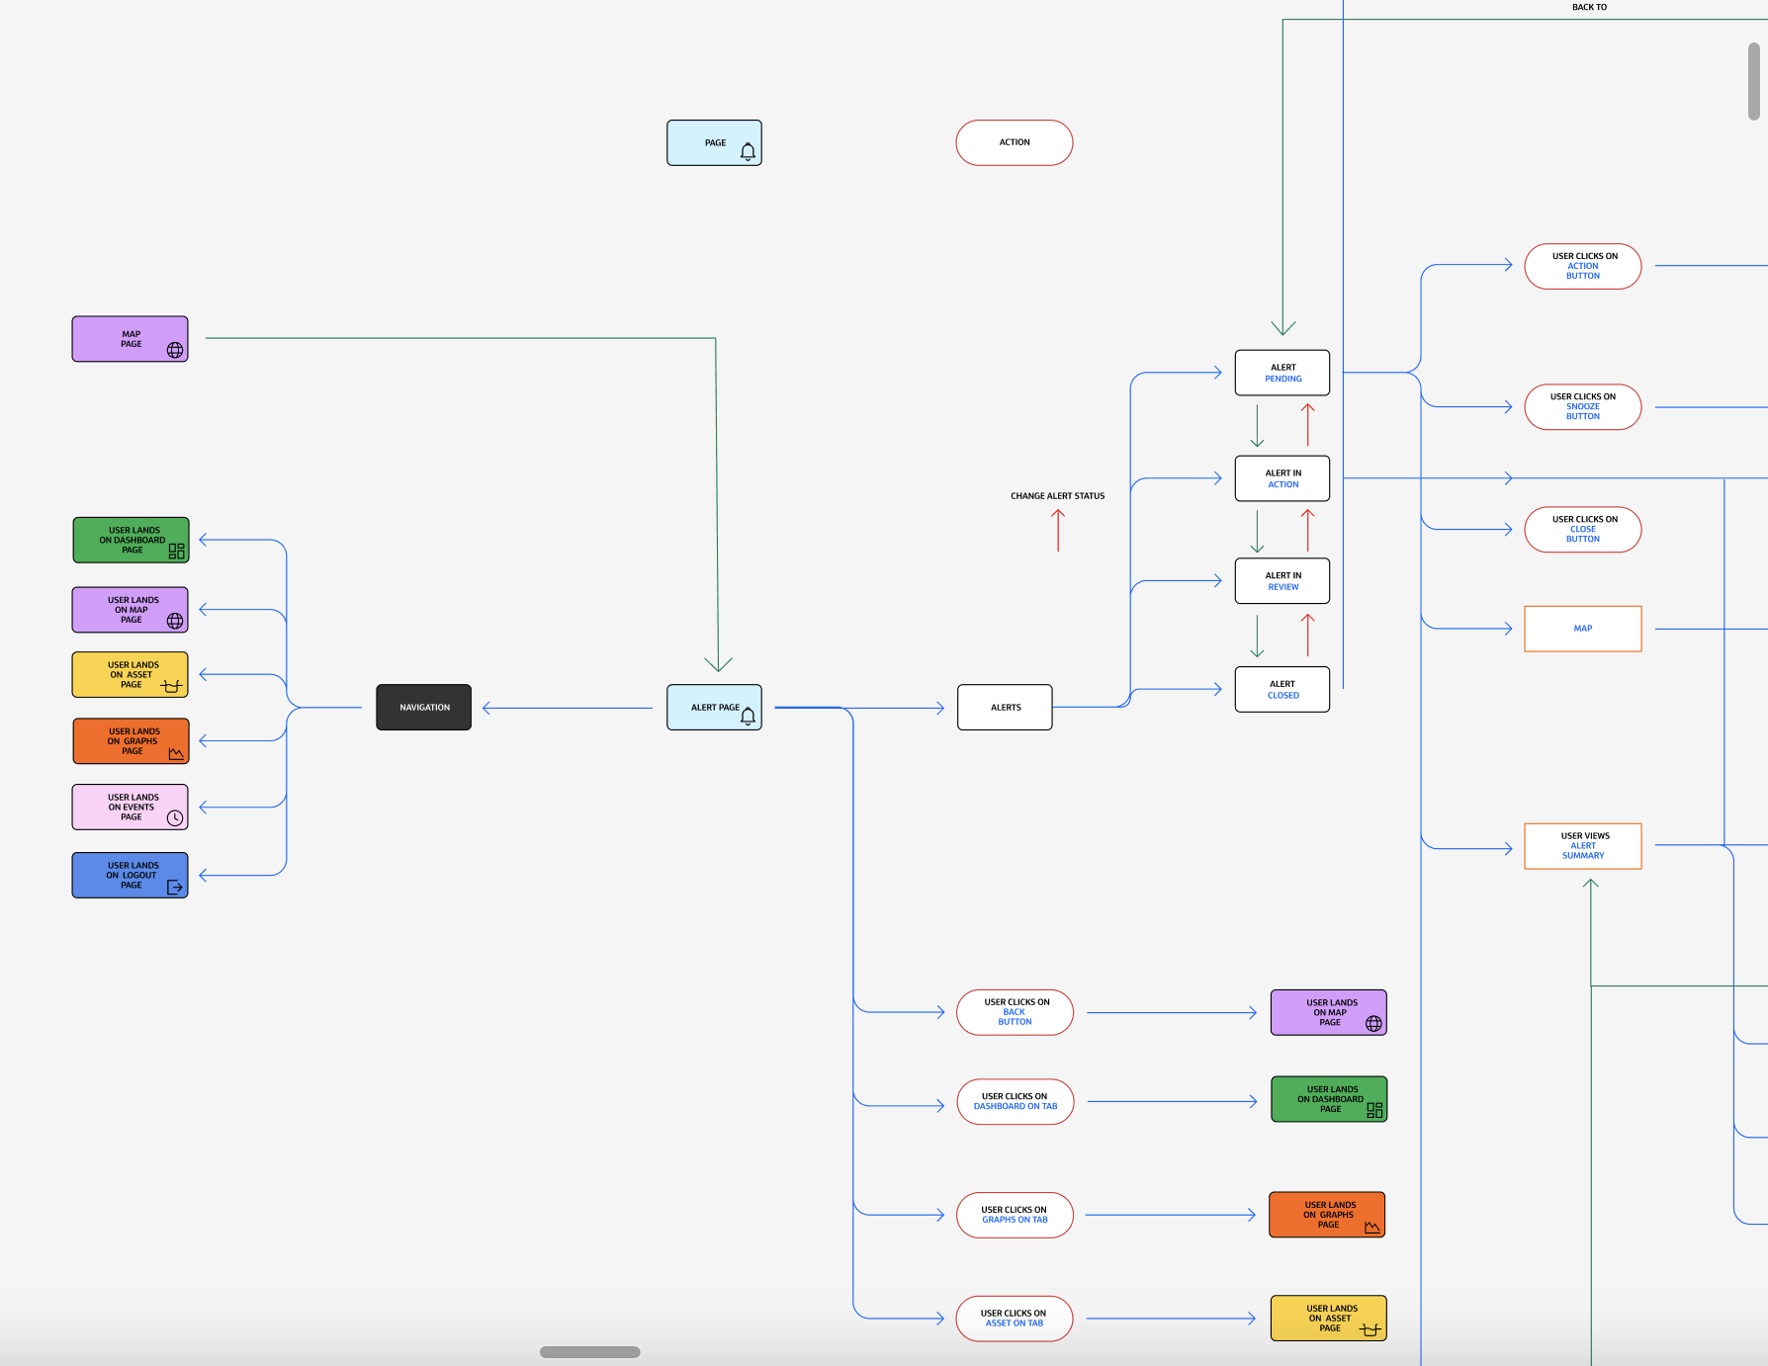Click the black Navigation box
tap(423, 708)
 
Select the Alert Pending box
tap(1282, 373)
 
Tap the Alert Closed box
tap(1282, 689)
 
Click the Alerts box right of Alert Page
tap(1005, 708)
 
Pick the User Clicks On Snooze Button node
tap(1582, 406)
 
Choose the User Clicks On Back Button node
tap(1015, 1012)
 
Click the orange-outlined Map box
tap(1582, 629)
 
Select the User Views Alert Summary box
tap(1582, 846)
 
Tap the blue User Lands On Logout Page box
tap(130, 875)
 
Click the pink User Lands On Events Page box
tap(130, 807)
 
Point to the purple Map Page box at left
tap(130, 339)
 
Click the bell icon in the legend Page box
tap(748, 151)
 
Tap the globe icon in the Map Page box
tap(175, 350)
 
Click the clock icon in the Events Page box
tap(175, 817)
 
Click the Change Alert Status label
tap(1057, 496)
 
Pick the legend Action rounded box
tap(1014, 142)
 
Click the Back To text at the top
tap(1589, 7)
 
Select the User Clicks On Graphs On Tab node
tap(1015, 1215)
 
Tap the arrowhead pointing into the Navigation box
tap(487, 708)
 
